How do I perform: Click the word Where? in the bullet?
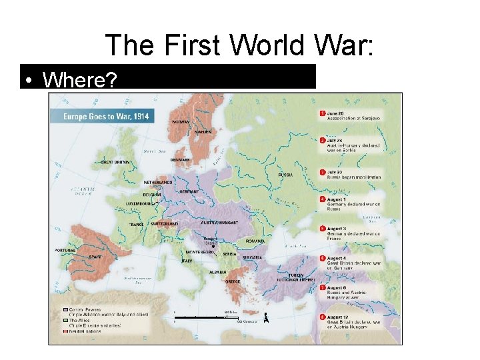tap(79, 81)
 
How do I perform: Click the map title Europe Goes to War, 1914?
tap(106, 116)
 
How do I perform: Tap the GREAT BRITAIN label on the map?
tap(115, 161)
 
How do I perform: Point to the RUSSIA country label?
tap(285, 175)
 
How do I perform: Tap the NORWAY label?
tap(180, 122)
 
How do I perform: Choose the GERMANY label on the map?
tap(189, 191)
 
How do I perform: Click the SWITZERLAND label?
tap(163, 224)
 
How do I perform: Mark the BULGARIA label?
tap(252, 257)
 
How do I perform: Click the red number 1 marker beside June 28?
tap(322, 113)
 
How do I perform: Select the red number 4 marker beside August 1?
tap(322, 199)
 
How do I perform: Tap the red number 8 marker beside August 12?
tap(322, 317)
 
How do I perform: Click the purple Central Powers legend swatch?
tap(65, 310)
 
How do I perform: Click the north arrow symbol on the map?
tap(265, 317)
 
